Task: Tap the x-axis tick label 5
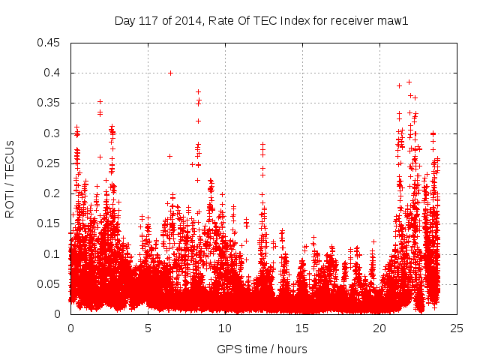coord(148,328)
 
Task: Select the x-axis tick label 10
coord(225,328)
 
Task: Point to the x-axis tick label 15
coord(302,328)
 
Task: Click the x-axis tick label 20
coord(379,328)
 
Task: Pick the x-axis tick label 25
coord(457,328)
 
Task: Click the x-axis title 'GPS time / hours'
coord(262,349)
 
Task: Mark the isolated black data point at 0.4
coord(171,73)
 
